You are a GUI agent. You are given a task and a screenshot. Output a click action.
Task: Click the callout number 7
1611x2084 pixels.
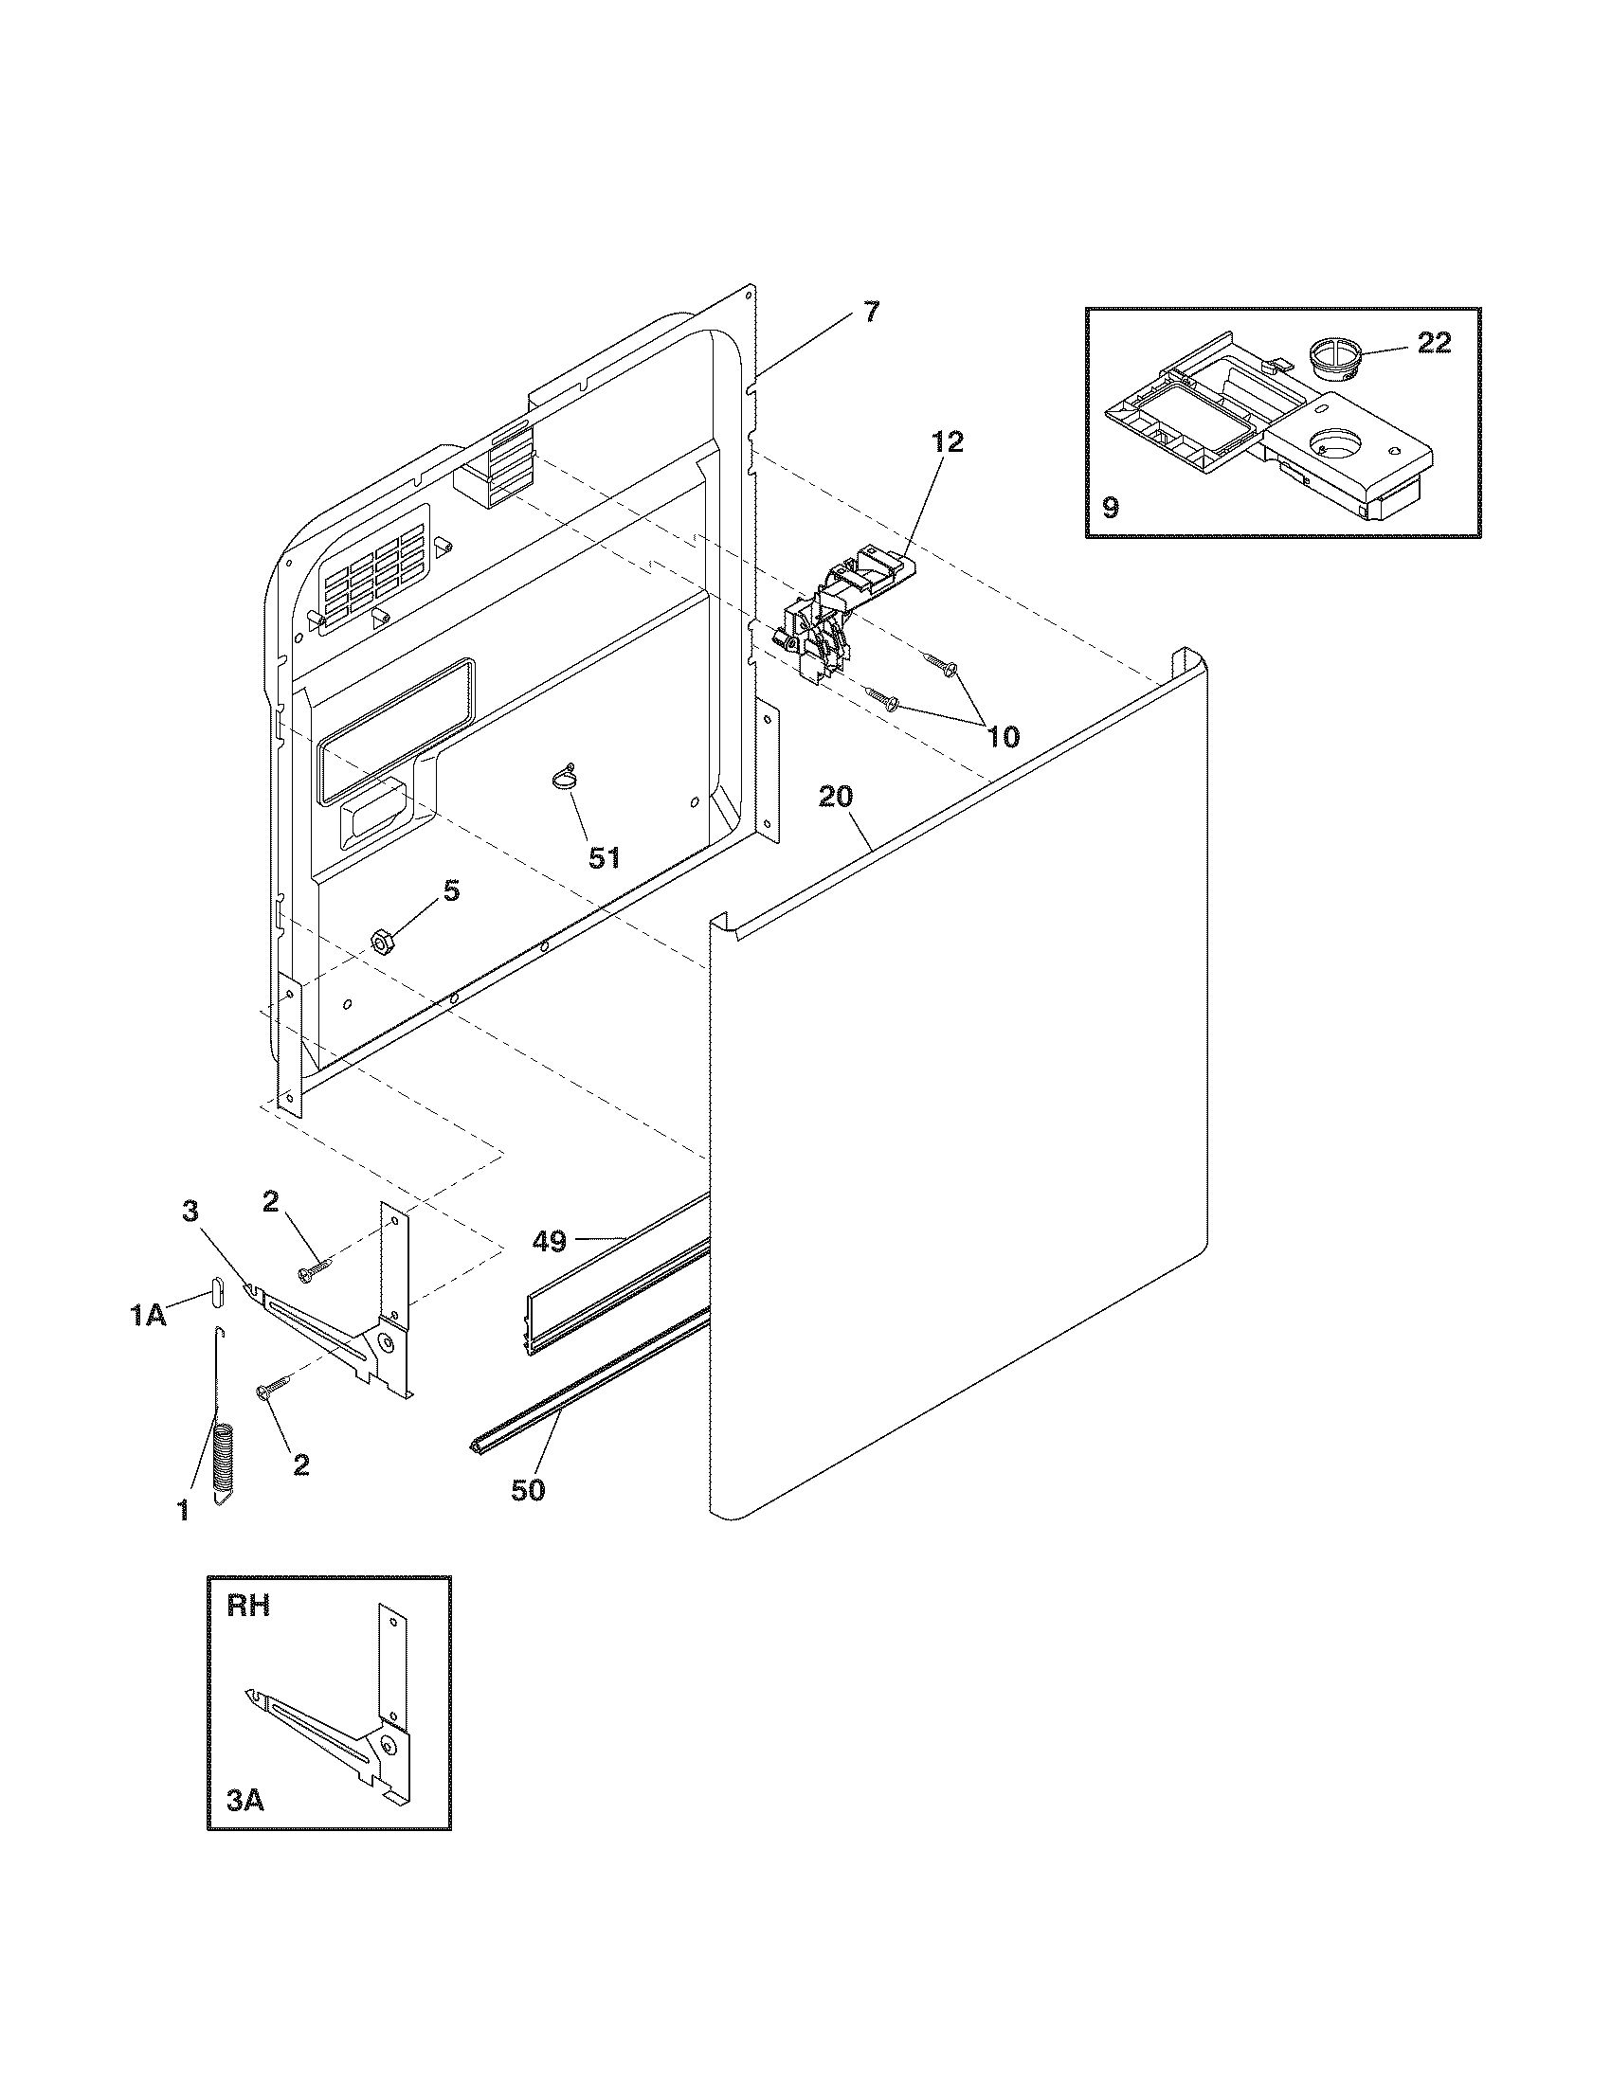pyautogui.click(x=872, y=312)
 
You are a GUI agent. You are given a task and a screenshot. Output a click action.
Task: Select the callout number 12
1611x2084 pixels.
pyautogui.click(x=947, y=441)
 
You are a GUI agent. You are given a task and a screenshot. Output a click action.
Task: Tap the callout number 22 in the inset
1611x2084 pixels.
pyautogui.click(x=1434, y=343)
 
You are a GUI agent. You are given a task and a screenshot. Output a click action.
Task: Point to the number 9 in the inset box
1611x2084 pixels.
pyautogui.click(x=1111, y=507)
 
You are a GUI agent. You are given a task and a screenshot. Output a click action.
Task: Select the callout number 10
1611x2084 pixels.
pyautogui.click(x=1002, y=736)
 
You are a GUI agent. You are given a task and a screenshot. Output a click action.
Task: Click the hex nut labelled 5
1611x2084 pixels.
pyautogui.click(x=382, y=942)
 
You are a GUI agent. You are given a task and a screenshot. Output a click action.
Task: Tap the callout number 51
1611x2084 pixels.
pyautogui.click(x=603, y=858)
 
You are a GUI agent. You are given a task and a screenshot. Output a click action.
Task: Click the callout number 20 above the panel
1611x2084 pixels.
pyautogui.click(x=835, y=797)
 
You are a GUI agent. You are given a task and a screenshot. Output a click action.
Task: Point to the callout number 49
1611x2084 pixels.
pyautogui.click(x=549, y=1241)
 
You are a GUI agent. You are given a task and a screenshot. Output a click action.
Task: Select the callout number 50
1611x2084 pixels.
pyautogui.click(x=527, y=1489)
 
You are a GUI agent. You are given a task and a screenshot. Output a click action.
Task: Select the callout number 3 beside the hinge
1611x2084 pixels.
pyautogui.click(x=190, y=1211)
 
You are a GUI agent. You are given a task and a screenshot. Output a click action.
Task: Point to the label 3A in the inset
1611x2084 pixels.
pyautogui.click(x=245, y=1800)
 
